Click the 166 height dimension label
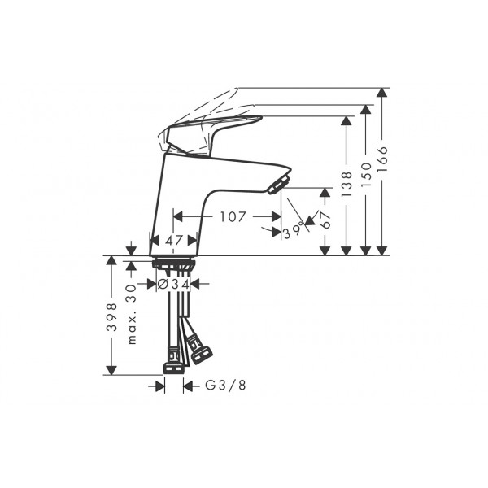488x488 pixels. [382, 159]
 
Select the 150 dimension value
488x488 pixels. [366, 175]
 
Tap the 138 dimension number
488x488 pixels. [346, 184]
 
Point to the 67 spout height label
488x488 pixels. [325, 220]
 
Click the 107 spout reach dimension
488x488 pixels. [233, 216]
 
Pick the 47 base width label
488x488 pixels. [174, 241]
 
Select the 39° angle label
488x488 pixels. [293, 231]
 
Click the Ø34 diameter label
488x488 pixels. [174, 284]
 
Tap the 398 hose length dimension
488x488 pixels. [111, 317]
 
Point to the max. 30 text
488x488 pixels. [132, 314]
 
